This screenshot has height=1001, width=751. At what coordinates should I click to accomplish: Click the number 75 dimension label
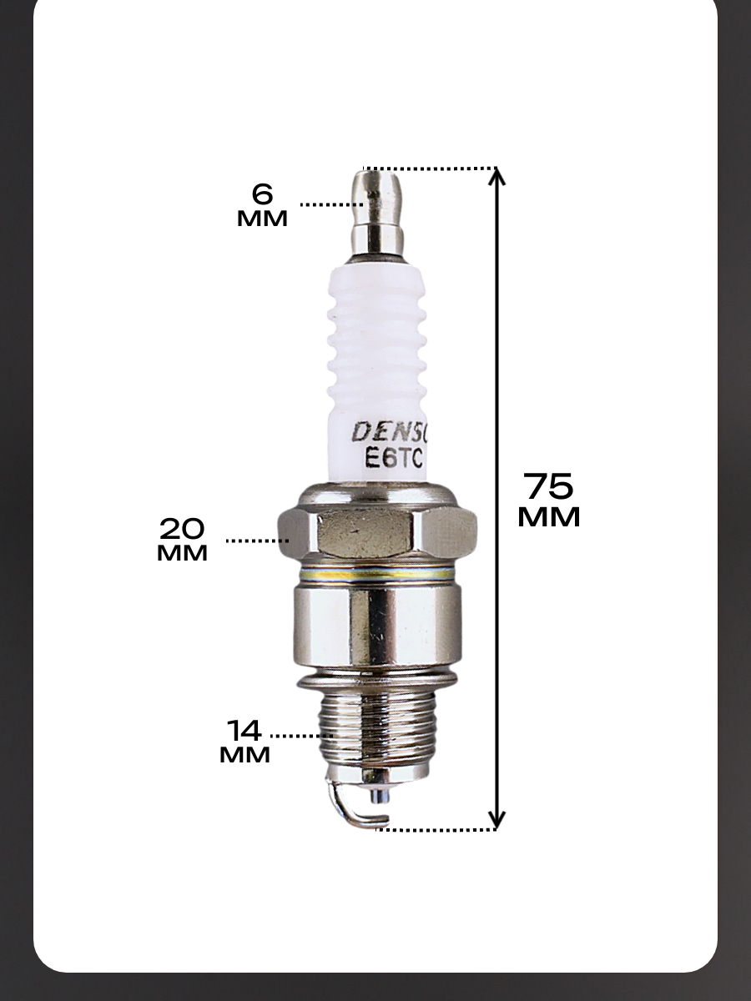click(x=548, y=486)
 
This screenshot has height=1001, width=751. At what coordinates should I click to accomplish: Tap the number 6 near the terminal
click(x=262, y=194)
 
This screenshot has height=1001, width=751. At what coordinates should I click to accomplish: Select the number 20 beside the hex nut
click(x=182, y=529)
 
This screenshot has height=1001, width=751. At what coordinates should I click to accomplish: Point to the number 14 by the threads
click(x=244, y=731)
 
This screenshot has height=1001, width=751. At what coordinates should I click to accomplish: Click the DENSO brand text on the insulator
click(x=390, y=431)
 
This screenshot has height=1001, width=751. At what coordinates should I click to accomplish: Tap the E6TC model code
click(x=394, y=458)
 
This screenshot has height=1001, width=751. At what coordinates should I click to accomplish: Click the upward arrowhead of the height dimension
click(x=496, y=178)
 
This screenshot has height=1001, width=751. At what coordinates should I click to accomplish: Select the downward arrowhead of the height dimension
click(x=496, y=818)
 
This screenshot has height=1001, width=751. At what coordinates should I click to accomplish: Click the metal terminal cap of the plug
click(x=377, y=215)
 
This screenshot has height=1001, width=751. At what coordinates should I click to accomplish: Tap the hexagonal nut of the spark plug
click(x=377, y=535)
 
